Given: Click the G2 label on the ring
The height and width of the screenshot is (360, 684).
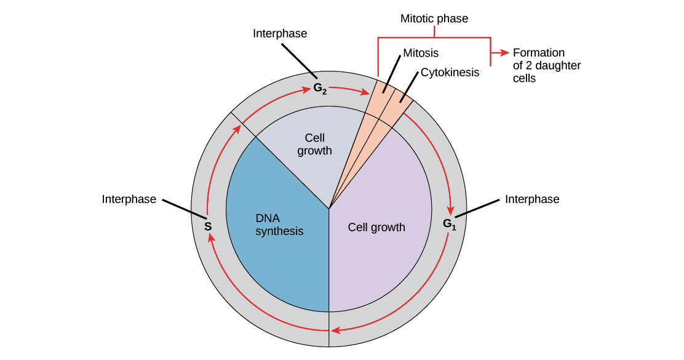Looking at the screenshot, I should (320, 88).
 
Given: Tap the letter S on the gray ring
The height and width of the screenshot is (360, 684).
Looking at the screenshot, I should (208, 226).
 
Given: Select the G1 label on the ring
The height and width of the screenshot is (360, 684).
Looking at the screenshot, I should (450, 224).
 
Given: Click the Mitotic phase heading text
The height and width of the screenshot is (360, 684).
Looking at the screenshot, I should (434, 19).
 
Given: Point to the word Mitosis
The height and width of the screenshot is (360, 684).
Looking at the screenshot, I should (421, 53).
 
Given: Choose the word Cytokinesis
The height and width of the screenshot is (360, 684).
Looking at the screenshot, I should (450, 73).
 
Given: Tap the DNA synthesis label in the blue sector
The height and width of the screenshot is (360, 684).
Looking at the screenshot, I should (280, 225).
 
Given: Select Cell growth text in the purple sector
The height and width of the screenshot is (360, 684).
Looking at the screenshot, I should (376, 227).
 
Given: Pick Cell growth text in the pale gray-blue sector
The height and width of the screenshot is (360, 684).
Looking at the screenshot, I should (314, 145).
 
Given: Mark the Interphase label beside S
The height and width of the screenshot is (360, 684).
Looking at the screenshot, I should (129, 199).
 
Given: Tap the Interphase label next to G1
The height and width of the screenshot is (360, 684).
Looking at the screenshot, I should (532, 199).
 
